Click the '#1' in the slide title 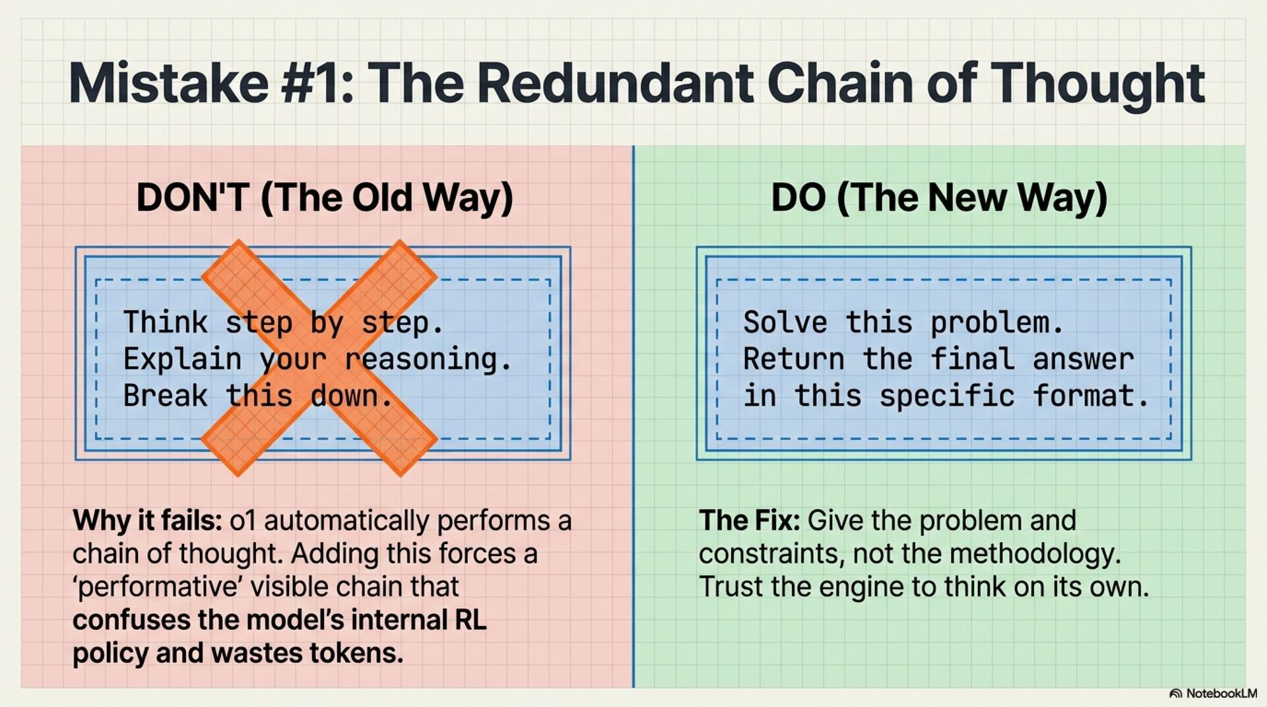point(317,84)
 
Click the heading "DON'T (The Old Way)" point(324,197)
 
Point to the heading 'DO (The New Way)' point(939,197)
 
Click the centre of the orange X point(319,357)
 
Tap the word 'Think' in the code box point(165,323)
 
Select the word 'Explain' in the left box point(182,359)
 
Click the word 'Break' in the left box point(165,396)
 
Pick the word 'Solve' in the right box point(785,323)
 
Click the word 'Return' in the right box point(793,359)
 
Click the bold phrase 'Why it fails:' point(147,521)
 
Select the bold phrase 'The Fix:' point(749,521)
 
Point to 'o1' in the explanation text point(242,521)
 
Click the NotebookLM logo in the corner point(1213,694)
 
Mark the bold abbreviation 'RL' point(471,620)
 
